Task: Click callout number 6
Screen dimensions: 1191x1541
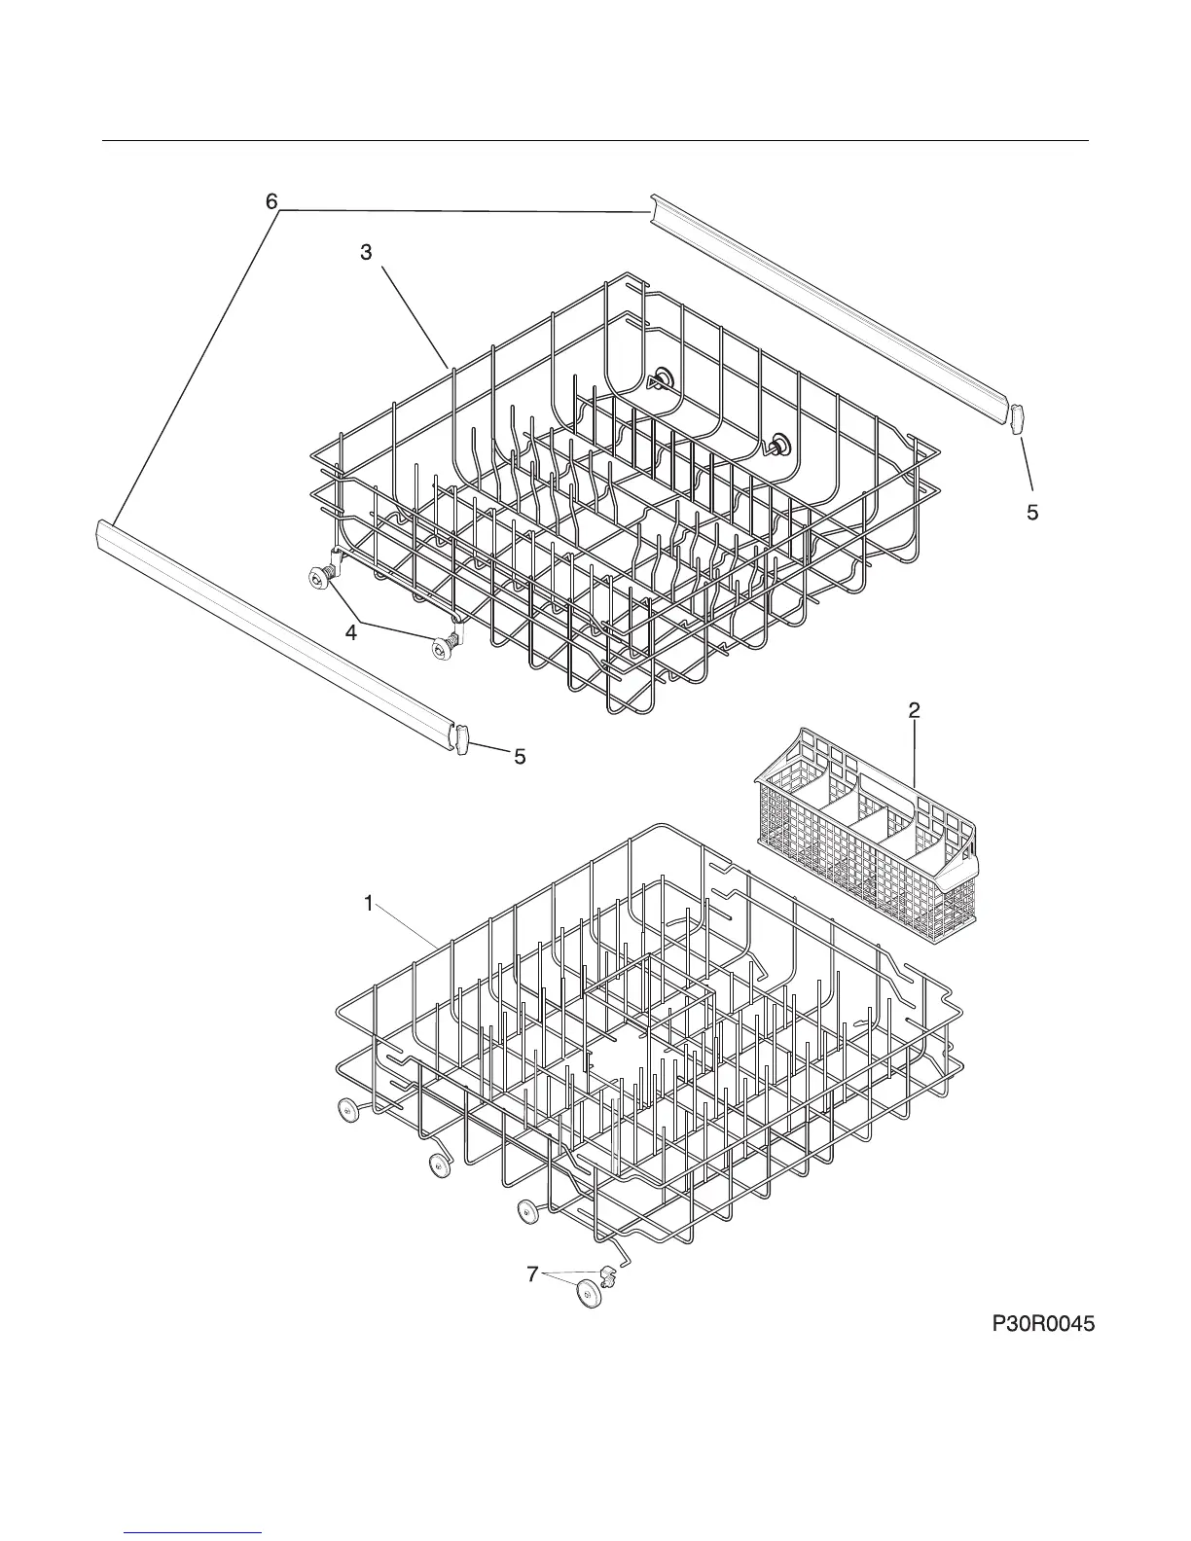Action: [271, 201]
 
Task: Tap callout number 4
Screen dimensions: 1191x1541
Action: [350, 632]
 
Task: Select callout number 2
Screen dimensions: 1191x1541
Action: [914, 711]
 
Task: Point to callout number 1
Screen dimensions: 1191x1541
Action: [369, 904]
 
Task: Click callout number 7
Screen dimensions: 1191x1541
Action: [531, 1273]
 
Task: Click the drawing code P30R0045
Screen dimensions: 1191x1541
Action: [1044, 1324]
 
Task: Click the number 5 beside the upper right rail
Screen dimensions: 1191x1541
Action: [1032, 513]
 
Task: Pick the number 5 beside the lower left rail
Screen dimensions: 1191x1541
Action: [521, 756]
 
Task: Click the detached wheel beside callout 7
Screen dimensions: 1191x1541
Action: [589, 1295]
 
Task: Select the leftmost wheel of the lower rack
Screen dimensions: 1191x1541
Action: [345, 1109]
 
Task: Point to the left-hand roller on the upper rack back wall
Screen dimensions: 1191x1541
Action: [662, 378]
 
